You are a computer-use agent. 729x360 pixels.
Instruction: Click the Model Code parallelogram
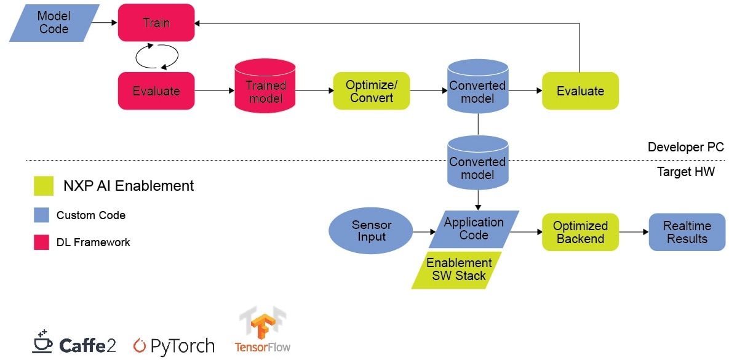tap(54, 23)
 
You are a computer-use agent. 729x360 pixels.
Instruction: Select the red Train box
tap(156, 23)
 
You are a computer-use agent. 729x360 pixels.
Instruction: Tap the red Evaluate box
tap(156, 91)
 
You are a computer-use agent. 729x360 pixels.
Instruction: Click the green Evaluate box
tap(580, 91)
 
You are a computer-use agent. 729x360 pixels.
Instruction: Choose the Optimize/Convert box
tap(371, 91)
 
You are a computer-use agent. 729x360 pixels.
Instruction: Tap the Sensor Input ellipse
tap(372, 232)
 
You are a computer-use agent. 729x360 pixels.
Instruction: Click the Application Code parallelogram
tap(474, 229)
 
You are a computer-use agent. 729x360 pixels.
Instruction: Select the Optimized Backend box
tap(580, 232)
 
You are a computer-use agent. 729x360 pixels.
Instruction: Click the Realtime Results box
tap(687, 232)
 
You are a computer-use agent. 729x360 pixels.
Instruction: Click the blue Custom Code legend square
tap(41, 215)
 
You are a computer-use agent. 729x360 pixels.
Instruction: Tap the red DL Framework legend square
tap(41, 242)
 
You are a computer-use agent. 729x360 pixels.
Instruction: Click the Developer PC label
tap(685, 148)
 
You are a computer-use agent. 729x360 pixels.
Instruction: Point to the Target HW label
tap(686, 172)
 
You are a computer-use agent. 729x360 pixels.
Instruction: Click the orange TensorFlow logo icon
tap(262, 324)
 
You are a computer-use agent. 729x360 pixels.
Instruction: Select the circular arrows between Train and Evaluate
tap(156, 57)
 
